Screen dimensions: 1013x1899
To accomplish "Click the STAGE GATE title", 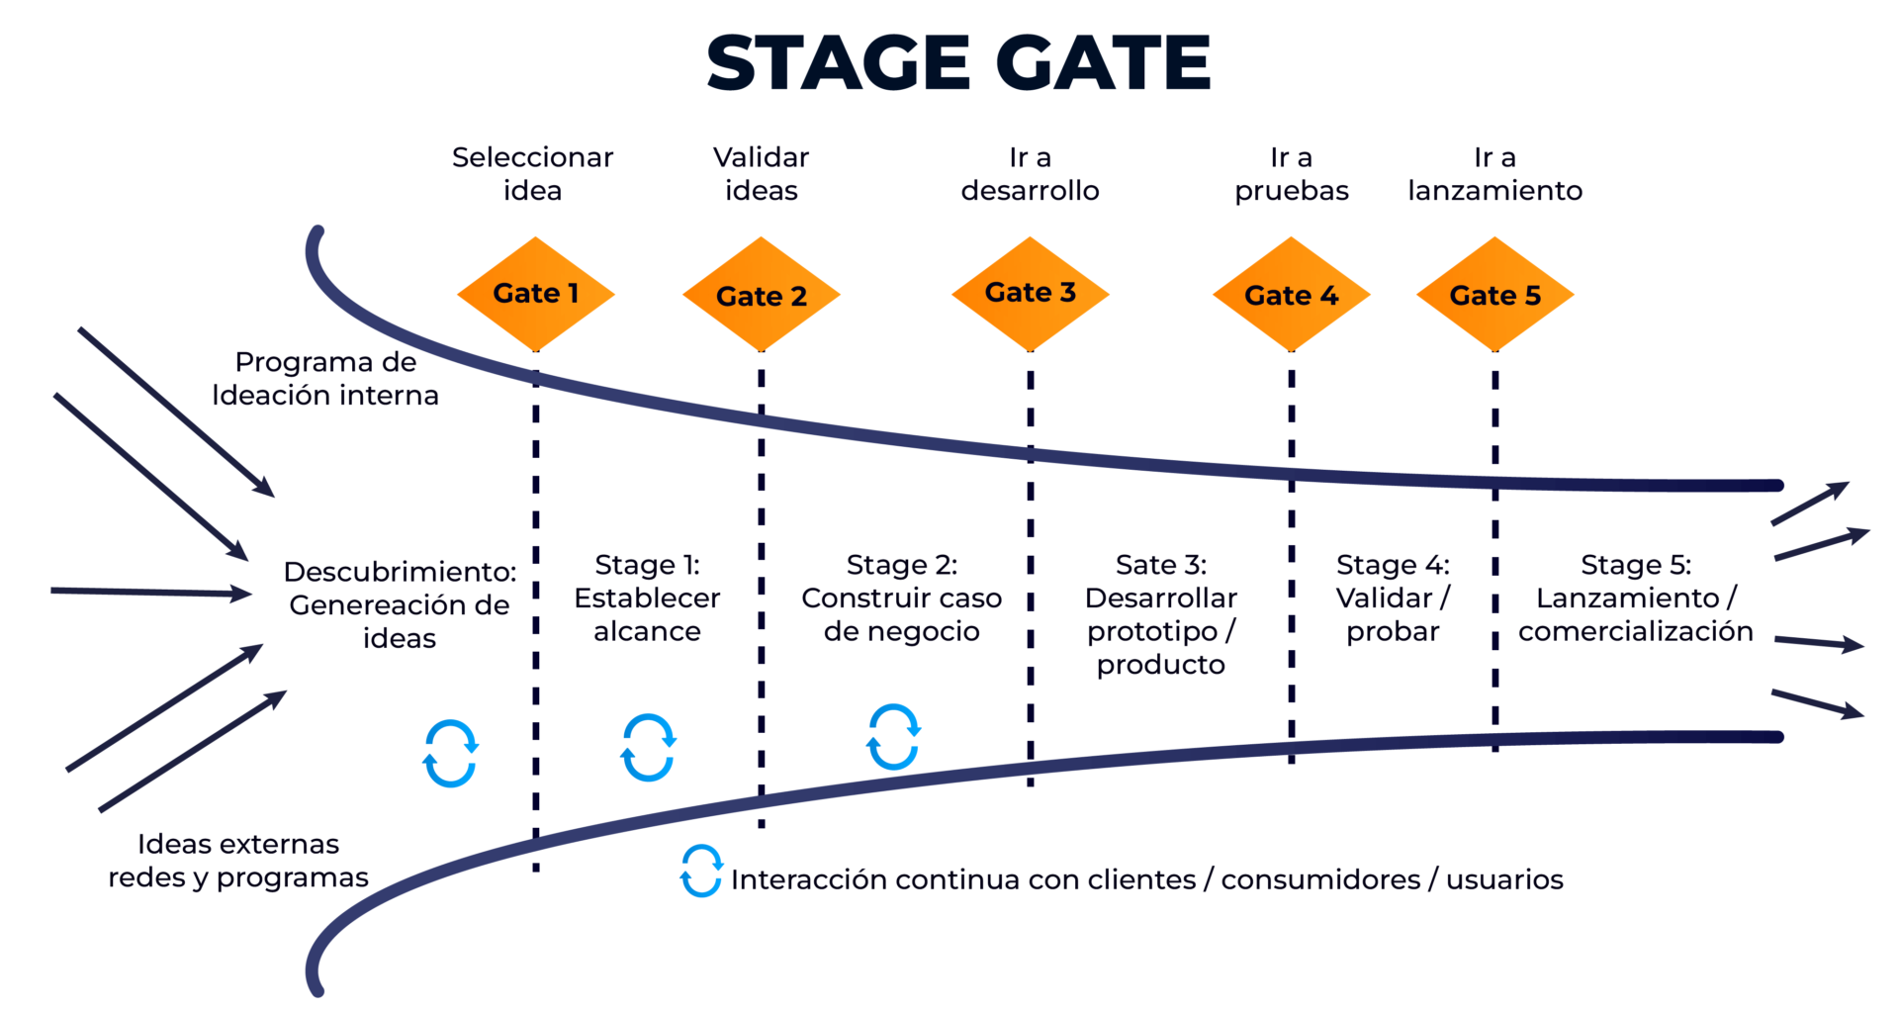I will pos(957,63).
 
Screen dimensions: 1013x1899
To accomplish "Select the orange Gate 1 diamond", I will pos(535,294).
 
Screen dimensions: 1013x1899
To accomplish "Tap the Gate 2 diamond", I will pos(761,295).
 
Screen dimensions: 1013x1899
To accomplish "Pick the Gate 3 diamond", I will pos(1030,293).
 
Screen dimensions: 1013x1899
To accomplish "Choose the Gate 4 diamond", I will pos(1291,295).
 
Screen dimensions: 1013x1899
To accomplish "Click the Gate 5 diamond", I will pos(1494,295).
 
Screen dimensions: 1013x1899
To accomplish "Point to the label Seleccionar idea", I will pos(532,173).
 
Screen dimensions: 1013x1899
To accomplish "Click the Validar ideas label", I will pos(761,173).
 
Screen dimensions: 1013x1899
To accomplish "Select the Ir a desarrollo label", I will pos(1030,173).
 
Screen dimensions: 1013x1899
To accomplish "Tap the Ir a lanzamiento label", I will pos(1494,173).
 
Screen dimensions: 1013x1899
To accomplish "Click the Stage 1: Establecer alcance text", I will pos(647,598).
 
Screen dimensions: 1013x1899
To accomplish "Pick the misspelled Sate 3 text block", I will pos(1160,613).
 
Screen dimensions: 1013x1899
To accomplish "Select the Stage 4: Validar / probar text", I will pos(1393,598).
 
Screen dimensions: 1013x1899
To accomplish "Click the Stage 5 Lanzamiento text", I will pos(1635,598).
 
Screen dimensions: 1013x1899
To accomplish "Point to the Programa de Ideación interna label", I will pos(325,378).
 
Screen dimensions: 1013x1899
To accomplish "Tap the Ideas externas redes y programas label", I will pos(238,860).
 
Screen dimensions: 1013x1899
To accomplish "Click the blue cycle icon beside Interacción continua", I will pos(701,871).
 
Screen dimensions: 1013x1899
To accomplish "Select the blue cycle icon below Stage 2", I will pos(893,737).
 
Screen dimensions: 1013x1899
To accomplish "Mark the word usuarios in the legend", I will pos(1504,879).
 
